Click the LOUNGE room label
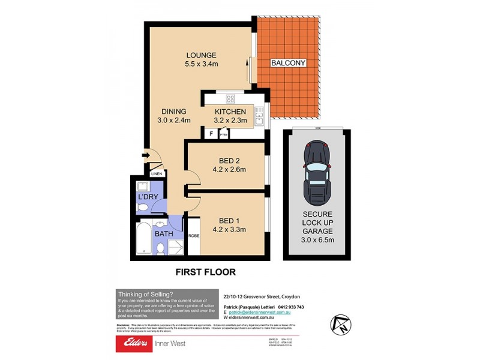200,55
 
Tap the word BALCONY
288,62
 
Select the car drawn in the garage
316,172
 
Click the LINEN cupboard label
157,174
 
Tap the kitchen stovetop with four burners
229,100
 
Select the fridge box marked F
211,134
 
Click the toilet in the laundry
142,208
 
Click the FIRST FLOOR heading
205,272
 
